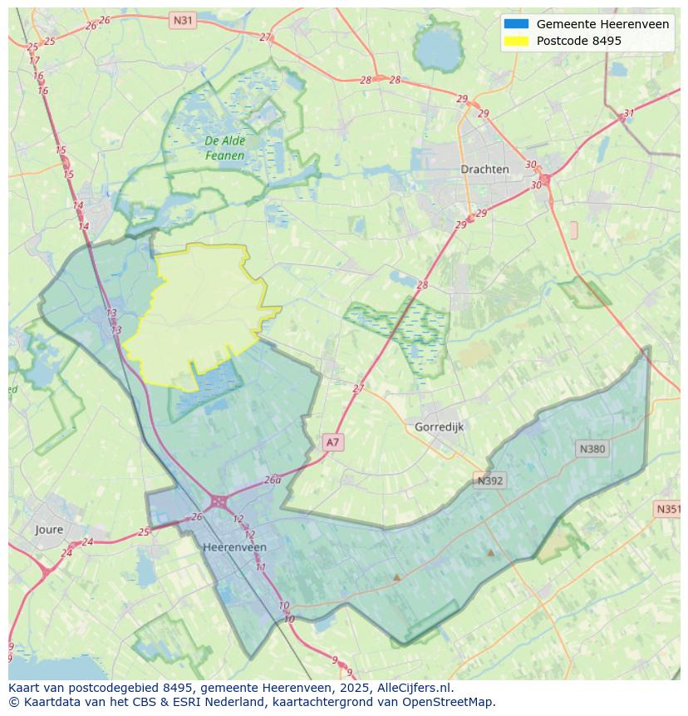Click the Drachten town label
click(x=484, y=169)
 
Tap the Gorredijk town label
click(x=439, y=427)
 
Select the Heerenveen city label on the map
click(x=234, y=547)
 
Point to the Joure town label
click(x=49, y=529)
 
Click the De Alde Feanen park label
click(x=225, y=148)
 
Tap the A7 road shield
click(x=332, y=442)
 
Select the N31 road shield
click(x=183, y=19)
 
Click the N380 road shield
click(x=592, y=449)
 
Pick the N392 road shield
click(x=489, y=481)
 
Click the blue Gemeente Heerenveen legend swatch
click(x=515, y=24)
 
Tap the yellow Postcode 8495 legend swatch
click(x=515, y=41)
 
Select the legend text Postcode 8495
click(x=578, y=41)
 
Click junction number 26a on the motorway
click(x=273, y=480)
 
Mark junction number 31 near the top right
click(x=628, y=114)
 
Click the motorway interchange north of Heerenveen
click(x=219, y=501)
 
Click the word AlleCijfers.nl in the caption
click(x=414, y=688)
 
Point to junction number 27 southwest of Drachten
click(x=358, y=388)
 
